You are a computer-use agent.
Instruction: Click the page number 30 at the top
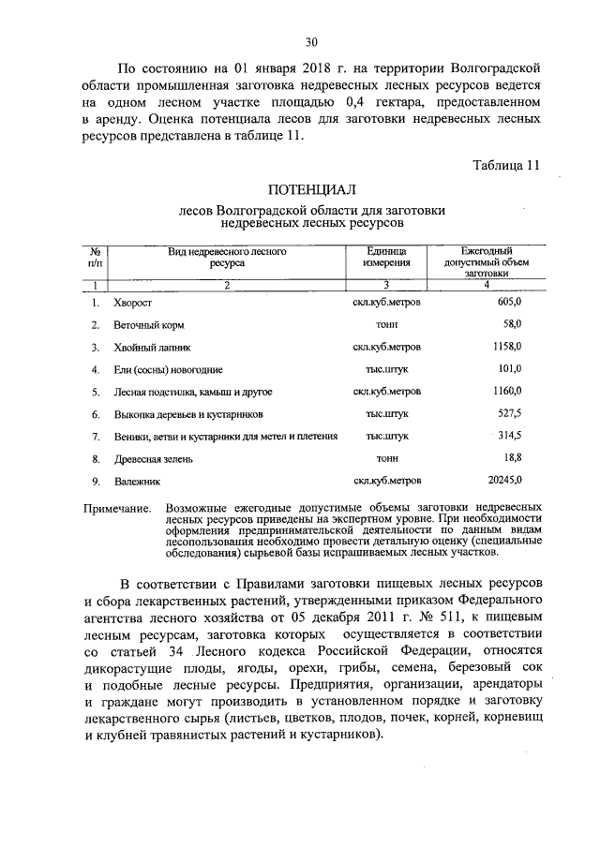pos(311,41)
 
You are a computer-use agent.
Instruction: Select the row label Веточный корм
pos(148,325)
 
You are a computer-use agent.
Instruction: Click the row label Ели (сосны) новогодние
pos(168,369)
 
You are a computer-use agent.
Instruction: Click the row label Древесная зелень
pos(153,458)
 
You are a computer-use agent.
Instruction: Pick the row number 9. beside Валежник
pos(96,481)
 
